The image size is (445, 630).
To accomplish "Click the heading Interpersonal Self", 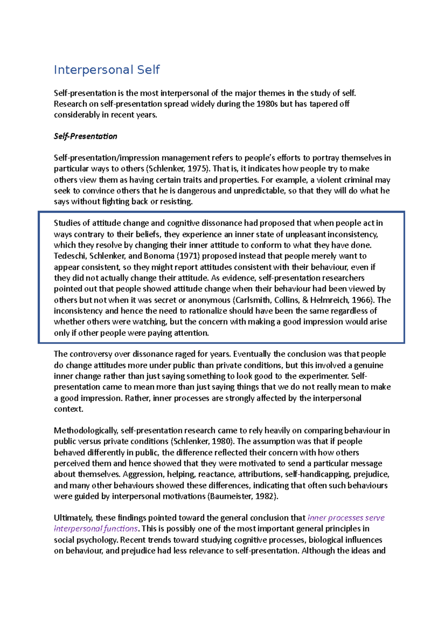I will tap(107, 70).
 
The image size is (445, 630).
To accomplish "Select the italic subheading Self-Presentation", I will tap(85, 136).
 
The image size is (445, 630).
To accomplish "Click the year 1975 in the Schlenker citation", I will tap(195, 169).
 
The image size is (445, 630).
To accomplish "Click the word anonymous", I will tap(209, 300).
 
